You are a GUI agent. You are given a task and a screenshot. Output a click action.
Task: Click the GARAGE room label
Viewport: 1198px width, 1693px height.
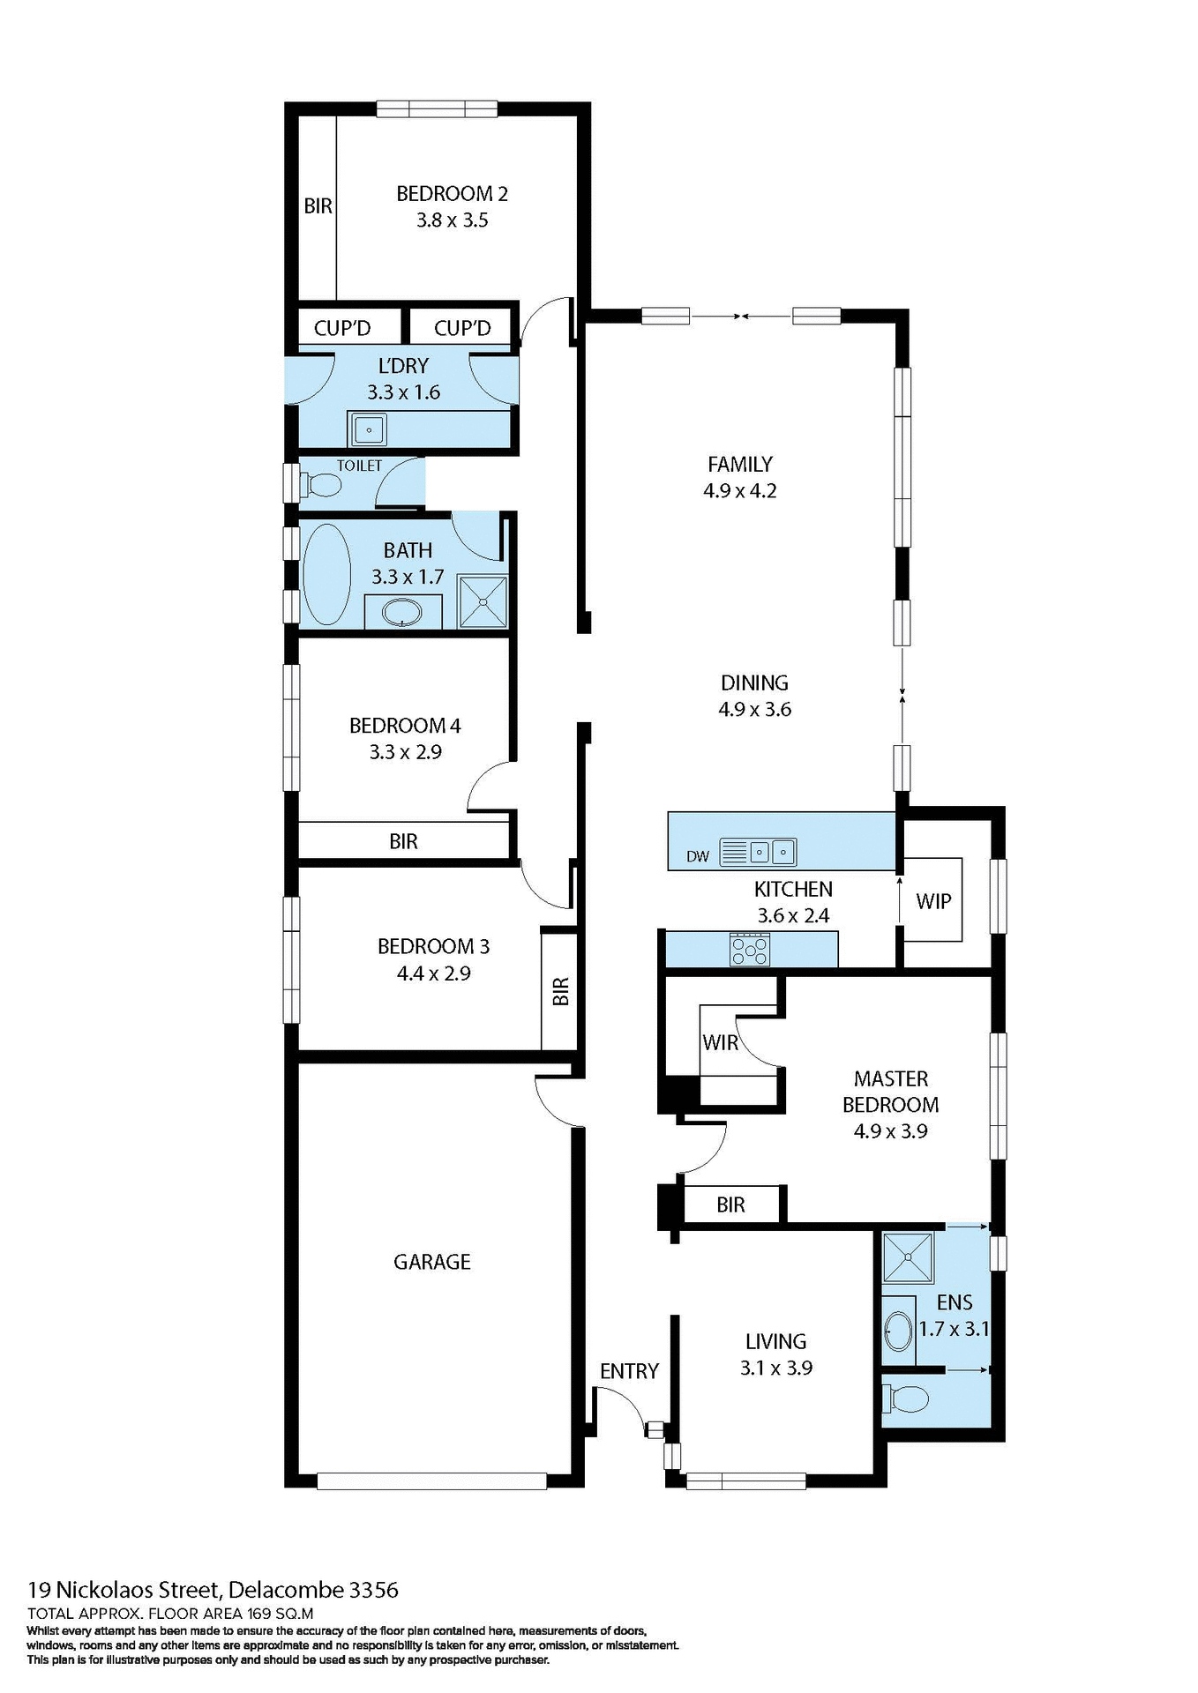click(431, 1262)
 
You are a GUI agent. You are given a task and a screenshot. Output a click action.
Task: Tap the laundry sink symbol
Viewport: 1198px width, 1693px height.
click(369, 430)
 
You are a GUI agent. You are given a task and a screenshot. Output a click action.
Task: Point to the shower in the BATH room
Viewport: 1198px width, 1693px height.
click(483, 601)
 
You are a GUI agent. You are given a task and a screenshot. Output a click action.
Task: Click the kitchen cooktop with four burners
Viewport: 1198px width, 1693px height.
click(750, 950)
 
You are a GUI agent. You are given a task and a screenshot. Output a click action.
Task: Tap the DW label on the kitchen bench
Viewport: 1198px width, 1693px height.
click(697, 856)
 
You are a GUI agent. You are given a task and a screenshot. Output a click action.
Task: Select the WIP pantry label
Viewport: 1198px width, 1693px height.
click(933, 901)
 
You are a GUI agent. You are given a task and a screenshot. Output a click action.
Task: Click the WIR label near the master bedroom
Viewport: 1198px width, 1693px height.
click(720, 1042)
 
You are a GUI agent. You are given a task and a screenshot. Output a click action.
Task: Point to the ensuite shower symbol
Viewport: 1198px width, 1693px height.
click(908, 1257)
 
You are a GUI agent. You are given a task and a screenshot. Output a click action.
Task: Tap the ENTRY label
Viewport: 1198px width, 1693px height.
click(629, 1371)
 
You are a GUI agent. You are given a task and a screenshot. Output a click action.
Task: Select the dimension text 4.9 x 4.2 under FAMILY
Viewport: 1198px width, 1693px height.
click(739, 491)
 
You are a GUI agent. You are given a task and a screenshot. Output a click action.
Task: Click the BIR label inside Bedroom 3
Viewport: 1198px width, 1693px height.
click(560, 991)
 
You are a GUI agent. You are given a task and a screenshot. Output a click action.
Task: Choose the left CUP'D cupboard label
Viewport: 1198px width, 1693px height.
click(342, 328)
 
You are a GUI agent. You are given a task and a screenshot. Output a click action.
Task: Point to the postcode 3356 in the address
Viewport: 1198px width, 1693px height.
click(373, 1590)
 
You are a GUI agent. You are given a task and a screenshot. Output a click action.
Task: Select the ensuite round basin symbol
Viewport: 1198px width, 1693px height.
click(899, 1331)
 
